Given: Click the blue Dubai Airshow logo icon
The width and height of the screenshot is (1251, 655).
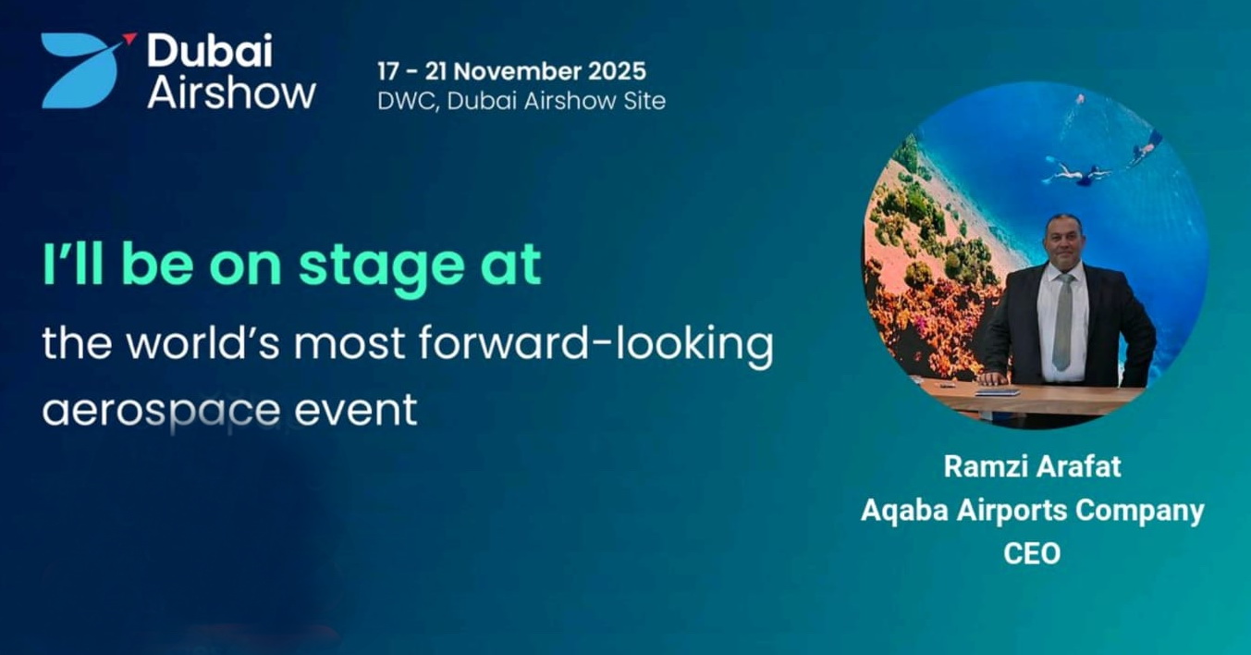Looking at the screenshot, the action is click(x=80, y=70).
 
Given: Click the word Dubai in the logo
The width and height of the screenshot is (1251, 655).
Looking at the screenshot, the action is click(x=210, y=51).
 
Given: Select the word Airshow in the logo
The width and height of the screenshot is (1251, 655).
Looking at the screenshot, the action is click(x=232, y=92).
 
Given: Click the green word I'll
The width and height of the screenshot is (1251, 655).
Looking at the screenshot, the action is click(x=73, y=263).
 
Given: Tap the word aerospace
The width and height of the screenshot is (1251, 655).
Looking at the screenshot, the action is click(x=161, y=410).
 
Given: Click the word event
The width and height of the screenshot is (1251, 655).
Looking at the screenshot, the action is click(x=356, y=409).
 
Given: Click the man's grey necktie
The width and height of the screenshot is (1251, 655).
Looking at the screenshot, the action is click(x=1062, y=321).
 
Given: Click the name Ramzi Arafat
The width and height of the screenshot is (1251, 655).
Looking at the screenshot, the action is click(x=1032, y=466).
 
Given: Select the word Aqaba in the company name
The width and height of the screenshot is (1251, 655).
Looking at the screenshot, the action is click(x=905, y=511).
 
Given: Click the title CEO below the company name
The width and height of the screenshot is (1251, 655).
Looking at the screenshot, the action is click(x=1032, y=553).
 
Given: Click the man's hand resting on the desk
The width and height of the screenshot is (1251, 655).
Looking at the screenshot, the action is click(x=992, y=378).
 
